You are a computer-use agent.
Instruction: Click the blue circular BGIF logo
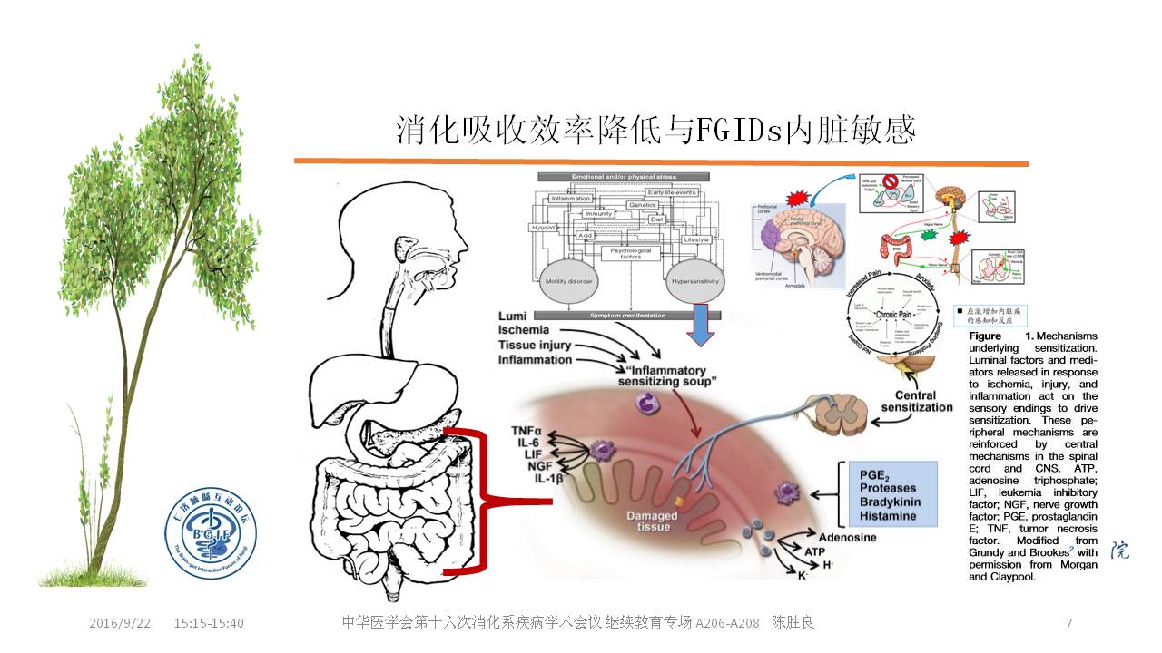coord(211,536)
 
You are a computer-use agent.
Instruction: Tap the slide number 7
coord(1068,623)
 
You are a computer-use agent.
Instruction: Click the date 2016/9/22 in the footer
coord(120,623)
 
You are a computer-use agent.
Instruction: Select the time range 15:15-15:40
coord(209,623)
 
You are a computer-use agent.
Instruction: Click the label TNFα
coord(527,430)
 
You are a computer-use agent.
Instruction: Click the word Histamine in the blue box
coord(888,516)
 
